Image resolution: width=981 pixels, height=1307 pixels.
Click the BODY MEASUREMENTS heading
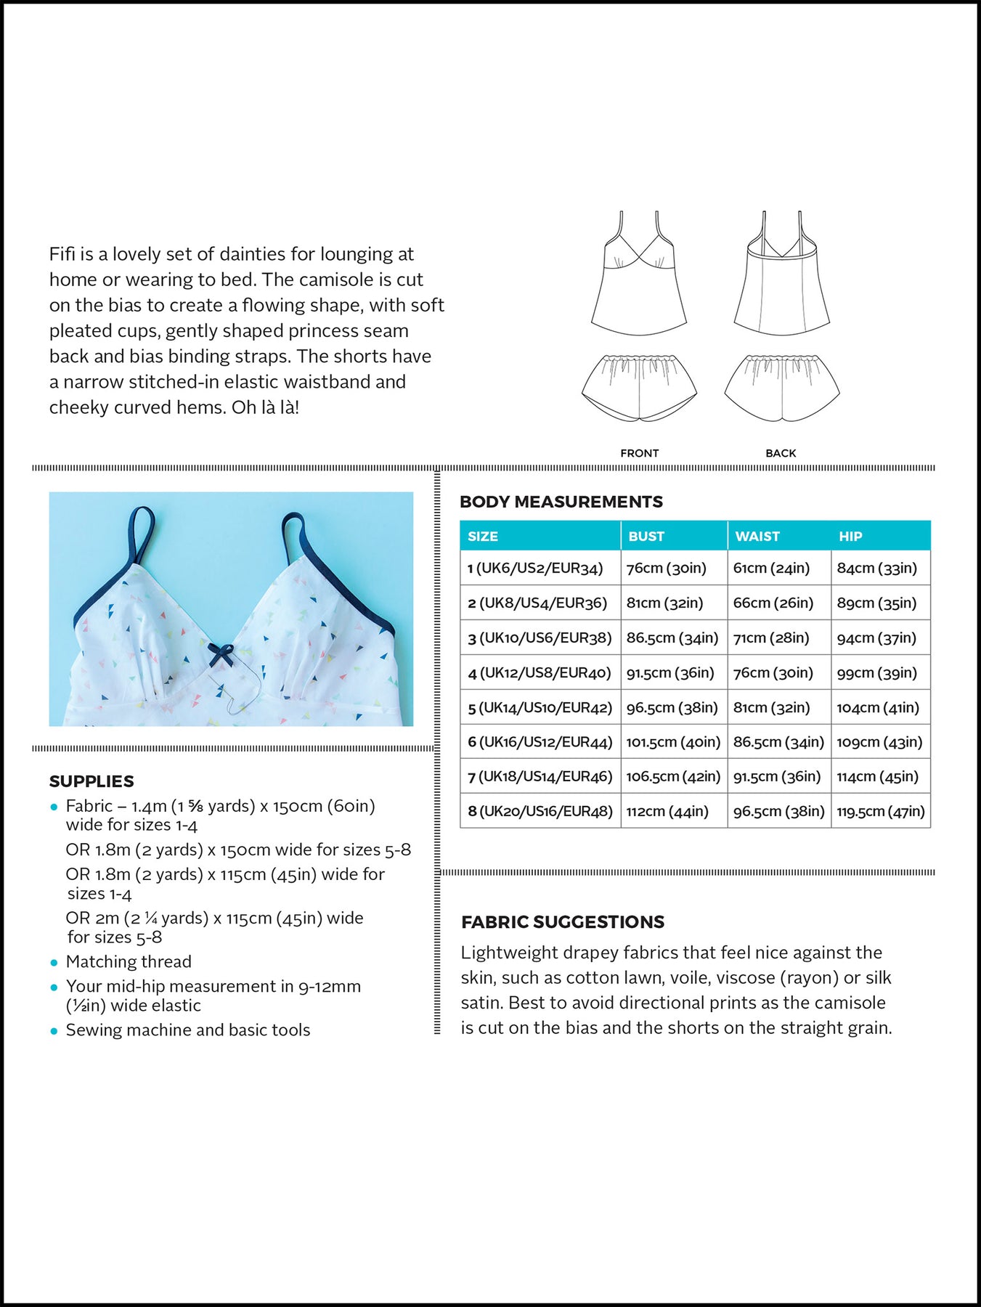coord(561,502)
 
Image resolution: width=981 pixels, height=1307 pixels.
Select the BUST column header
coord(646,537)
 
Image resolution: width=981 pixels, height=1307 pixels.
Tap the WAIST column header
coord(757,537)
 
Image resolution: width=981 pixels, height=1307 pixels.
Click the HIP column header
coord(850,537)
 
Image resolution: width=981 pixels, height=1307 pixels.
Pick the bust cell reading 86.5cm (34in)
coord(672,638)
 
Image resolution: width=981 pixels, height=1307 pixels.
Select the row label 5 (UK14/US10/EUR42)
coord(540,708)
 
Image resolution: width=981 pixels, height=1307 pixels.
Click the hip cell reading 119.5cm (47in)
coord(880,812)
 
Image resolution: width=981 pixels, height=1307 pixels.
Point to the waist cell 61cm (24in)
coord(771,569)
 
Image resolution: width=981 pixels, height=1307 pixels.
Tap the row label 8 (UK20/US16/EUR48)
coord(540,812)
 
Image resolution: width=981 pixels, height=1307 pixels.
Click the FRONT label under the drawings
coord(639,453)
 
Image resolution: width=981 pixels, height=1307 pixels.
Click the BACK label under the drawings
coord(781,453)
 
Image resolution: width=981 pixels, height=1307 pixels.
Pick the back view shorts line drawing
coord(781,387)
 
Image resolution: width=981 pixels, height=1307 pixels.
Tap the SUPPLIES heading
coord(91,781)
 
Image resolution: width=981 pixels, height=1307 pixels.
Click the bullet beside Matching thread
coord(54,963)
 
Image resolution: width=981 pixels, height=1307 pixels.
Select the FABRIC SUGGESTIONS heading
coord(562,922)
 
